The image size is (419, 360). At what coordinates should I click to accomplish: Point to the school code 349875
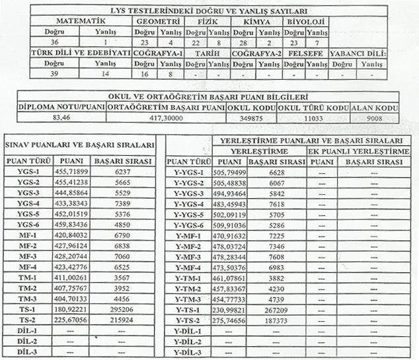pyautogui.click(x=251, y=117)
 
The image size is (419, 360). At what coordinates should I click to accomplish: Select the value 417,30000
pyautogui.click(x=165, y=117)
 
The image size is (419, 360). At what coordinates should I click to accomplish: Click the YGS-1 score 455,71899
pyautogui.click(x=71, y=171)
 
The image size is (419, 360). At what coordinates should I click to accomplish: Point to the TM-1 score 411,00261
pyautogui.click(x=71, y=276)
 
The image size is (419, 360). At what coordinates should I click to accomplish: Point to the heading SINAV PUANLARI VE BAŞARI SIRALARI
pyautogui.click(x=80, y=144)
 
